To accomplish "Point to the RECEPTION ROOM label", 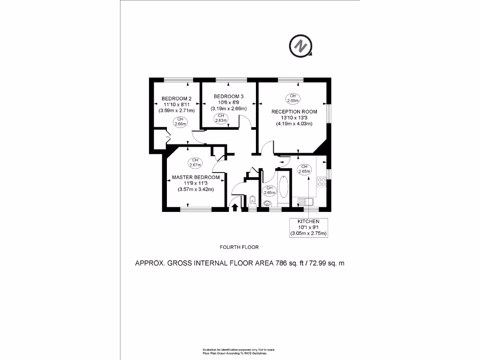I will pyautogui.click(x=294, y=112).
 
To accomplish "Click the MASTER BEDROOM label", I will pyautogui.click(x=195, y=177).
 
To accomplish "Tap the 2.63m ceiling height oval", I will pyautogui.click(x=221, y=118).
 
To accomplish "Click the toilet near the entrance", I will pyautogui.click(x=253, y=200).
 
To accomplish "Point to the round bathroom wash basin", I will pyautogui.click(x=267, y=203).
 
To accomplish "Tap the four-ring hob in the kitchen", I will pyautogui.click(x=322, y=182).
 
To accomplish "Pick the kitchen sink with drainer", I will pyautogui.click(x=307, y=202).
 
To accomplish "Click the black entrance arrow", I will pyautogui.click(x=235, y=206).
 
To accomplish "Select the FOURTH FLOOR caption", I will pyautogui.click(x=239, y=247).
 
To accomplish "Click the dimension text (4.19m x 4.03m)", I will pyautogui.click(x=294, y=124).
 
